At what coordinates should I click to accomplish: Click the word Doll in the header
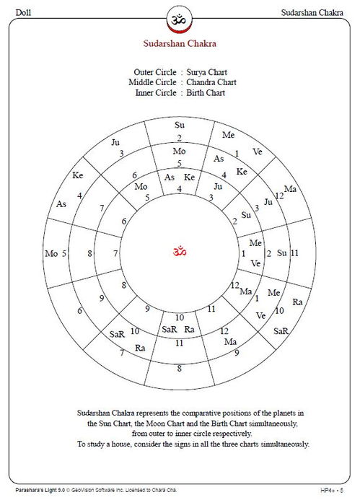[23, 14]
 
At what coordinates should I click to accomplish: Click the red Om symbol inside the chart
[180, 252]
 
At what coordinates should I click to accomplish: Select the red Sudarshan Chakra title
[180, 43]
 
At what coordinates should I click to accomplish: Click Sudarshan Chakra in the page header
[315, 14]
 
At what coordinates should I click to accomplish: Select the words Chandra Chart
[212, 82]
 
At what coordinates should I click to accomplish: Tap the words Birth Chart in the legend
[206, 92]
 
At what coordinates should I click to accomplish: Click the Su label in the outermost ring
[180, 126]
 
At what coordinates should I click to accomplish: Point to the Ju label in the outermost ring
[115, 142]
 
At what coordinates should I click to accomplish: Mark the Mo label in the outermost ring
[51, 253]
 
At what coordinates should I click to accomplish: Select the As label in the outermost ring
[61, 204]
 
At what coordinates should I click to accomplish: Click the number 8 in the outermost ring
[180, 368]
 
